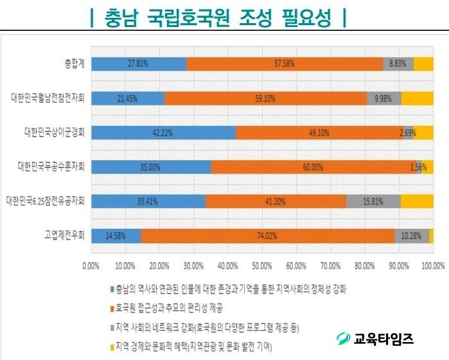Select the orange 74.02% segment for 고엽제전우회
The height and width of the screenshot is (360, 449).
pos(267,236)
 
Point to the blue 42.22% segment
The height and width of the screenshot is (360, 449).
pos(163,132)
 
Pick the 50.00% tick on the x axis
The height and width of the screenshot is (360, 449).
pos(261,265)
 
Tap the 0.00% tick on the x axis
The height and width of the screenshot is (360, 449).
pos(91,265)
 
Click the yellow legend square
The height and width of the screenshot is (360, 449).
pos(110,346)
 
